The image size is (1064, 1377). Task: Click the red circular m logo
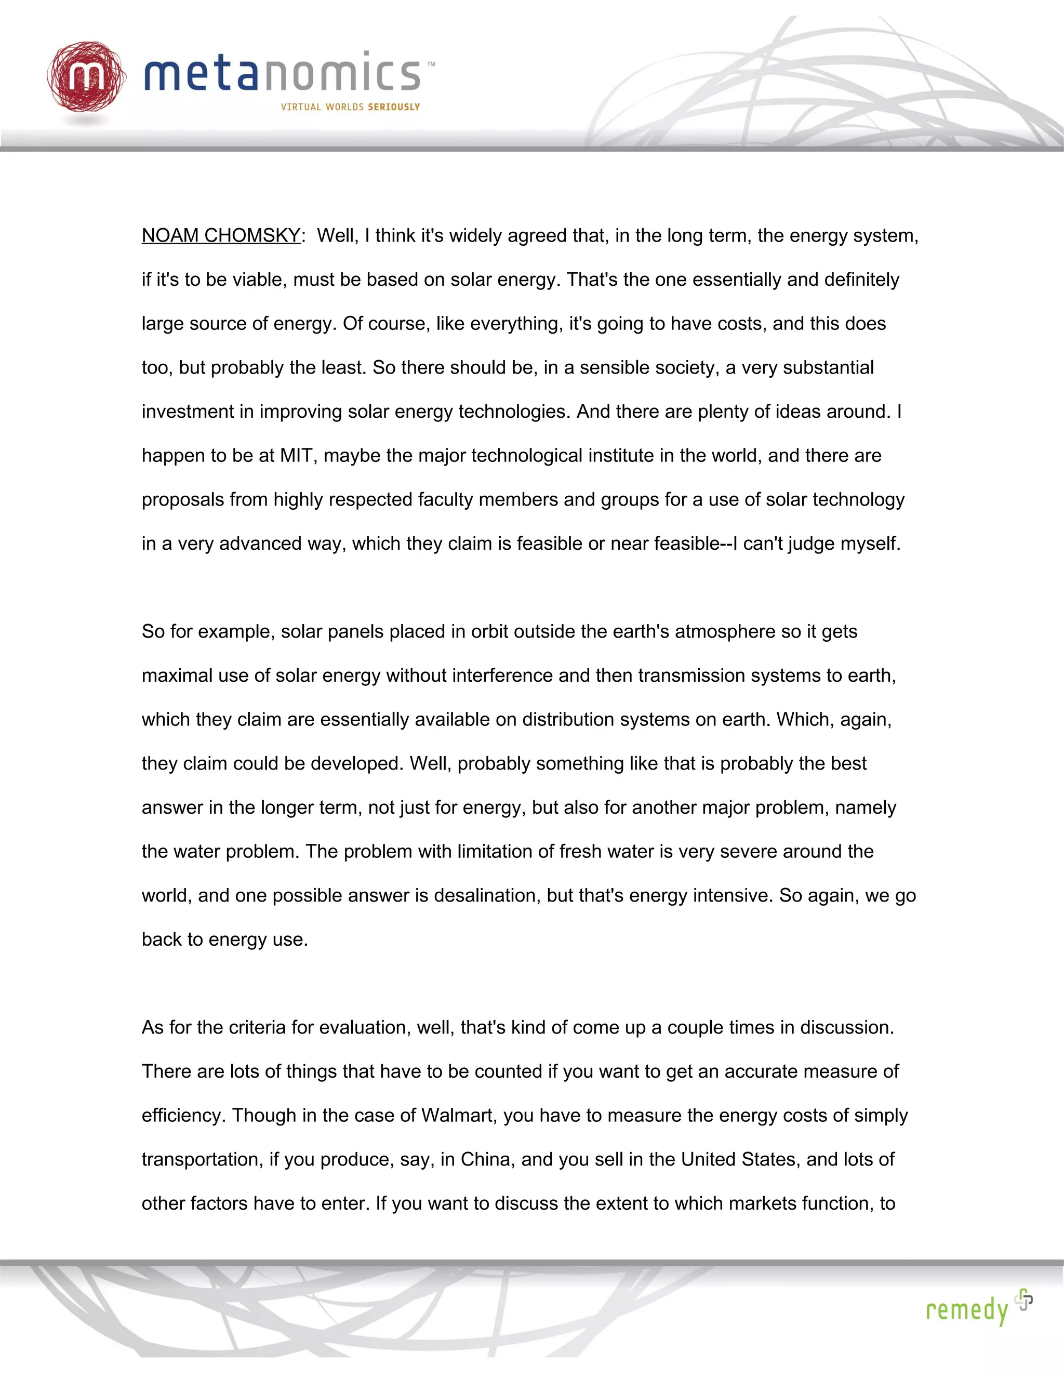(86, 77)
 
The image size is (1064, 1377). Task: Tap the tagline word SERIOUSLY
(394, 107)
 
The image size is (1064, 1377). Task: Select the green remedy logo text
(966, 1309)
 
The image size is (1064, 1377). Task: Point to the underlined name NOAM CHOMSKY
(221, 236)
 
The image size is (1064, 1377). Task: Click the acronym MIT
(296, 455)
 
